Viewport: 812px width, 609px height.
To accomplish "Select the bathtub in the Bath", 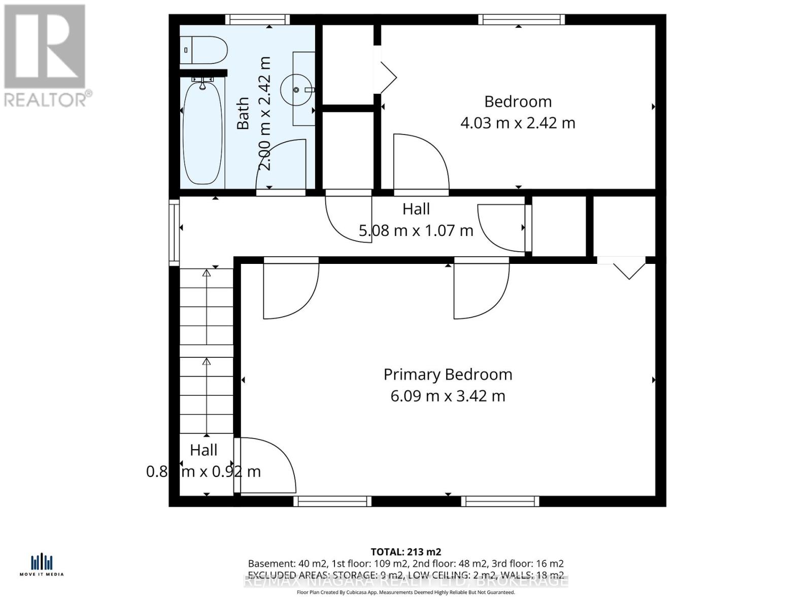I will tap(202, 133).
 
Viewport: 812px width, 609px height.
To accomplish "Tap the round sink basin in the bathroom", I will tap(297, 90).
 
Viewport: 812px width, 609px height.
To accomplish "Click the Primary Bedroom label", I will tap(448, 375).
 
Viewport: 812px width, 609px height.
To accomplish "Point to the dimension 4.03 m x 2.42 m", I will tap(518, 123).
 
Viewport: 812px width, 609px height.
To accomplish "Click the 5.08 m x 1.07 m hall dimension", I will tap(416, 231).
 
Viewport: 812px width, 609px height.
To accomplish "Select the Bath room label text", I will tap(243, 114).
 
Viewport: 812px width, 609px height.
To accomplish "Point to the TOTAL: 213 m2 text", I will tap(405, 552).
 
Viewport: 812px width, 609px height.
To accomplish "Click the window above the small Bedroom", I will tap(522, 20).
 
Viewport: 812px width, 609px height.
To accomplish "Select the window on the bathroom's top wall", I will tap(257, 20).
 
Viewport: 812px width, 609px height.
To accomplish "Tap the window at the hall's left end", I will tap(174, 232).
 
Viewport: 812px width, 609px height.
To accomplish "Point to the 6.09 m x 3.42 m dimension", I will tap(448, 396).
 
